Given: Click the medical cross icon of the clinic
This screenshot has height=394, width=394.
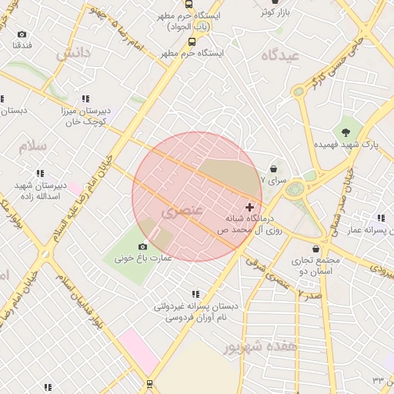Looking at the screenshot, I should click(x=249, y=208).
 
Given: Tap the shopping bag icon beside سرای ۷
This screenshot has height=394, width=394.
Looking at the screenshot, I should click(x=275, y=169).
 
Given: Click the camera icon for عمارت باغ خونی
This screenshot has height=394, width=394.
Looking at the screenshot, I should click(x=142, y=247).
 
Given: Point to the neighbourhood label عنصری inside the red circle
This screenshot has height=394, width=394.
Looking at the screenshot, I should click(x=183, y=210).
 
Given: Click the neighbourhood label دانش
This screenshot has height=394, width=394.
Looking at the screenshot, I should click(x=73, y=52).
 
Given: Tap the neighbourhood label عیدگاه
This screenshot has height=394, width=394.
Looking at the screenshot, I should click(x=279, y=55).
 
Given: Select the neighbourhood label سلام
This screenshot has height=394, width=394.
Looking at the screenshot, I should click(x=34, y=145).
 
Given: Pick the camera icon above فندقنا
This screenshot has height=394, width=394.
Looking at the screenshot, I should click(x=22, y=35).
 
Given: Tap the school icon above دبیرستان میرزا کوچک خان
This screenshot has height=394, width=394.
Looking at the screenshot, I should click(x=85, y=98).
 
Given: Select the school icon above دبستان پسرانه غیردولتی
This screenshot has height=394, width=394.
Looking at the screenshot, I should click(x=195, y=294).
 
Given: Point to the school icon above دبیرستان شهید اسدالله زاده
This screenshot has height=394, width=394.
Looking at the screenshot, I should click(x=39, y=173).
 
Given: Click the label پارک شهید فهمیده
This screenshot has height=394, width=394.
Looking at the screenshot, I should click(x=346, y=145).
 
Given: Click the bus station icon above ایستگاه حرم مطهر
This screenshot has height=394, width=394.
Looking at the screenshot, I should click(x=192, y=42).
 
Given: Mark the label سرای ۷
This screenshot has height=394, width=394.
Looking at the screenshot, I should click(x=273, y=180).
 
